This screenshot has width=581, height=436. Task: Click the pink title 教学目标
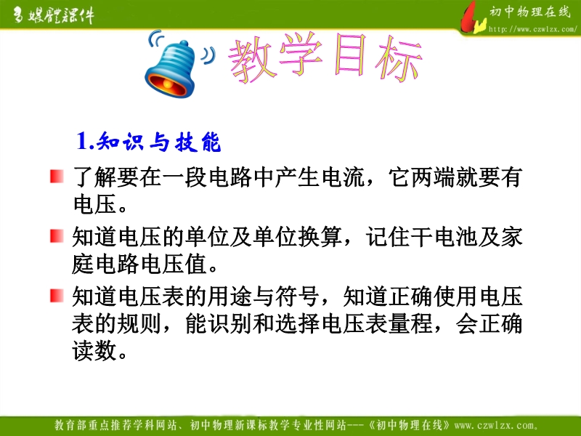[x=326, y=57]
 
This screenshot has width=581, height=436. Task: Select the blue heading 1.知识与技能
[x=149, y=142]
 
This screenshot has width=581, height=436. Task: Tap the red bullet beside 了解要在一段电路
[x=57, y=177]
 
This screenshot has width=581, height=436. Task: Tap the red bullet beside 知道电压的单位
[x=57, y=235]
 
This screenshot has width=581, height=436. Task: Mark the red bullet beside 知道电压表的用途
[x=57, y=296]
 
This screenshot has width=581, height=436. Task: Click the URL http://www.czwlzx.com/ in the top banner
[x=533, y=29]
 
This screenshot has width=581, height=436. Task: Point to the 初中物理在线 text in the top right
[x=530, y=12]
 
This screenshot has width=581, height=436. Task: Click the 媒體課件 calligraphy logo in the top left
[x=54, y=15]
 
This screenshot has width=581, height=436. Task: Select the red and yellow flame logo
[x=472, y=19]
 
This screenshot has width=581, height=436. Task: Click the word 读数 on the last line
[x=94, y=351]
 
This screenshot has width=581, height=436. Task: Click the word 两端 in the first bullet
[x=433, y=177]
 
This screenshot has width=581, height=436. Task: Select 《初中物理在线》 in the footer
[x=410, y=425]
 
